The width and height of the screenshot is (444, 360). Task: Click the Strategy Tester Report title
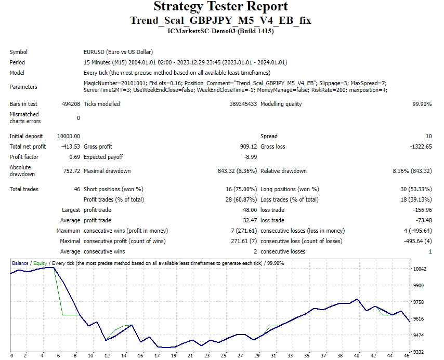[221, 7]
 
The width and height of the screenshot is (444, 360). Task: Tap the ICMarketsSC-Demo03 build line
[221, 31]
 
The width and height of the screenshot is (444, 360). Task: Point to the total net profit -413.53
[70, 146]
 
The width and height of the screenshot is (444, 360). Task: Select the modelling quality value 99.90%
[422, 104]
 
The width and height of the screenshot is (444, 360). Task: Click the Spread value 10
[428, 136]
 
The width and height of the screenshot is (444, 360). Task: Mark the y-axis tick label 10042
[420, 269]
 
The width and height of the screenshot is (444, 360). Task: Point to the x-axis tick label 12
[107, 356]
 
